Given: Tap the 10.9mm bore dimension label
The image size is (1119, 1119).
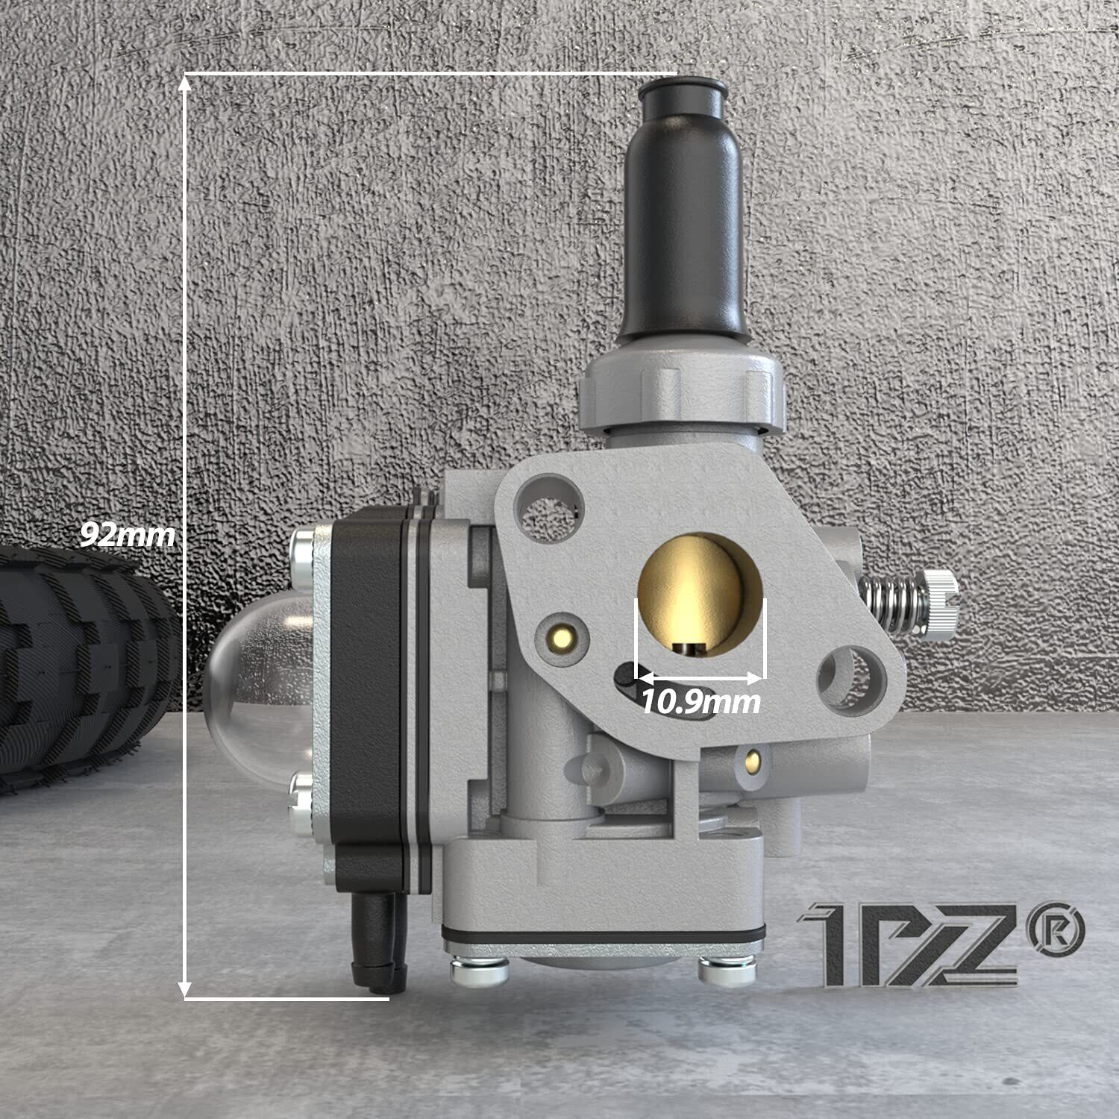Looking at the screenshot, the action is click(x=701, y=701).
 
